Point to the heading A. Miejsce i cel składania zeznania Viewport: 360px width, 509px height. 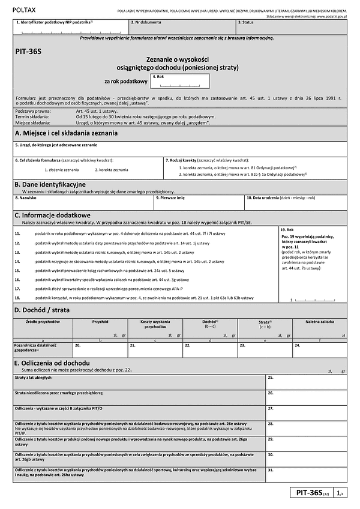66,133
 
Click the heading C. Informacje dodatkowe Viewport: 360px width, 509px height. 52,214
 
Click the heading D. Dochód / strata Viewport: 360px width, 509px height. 42,310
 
